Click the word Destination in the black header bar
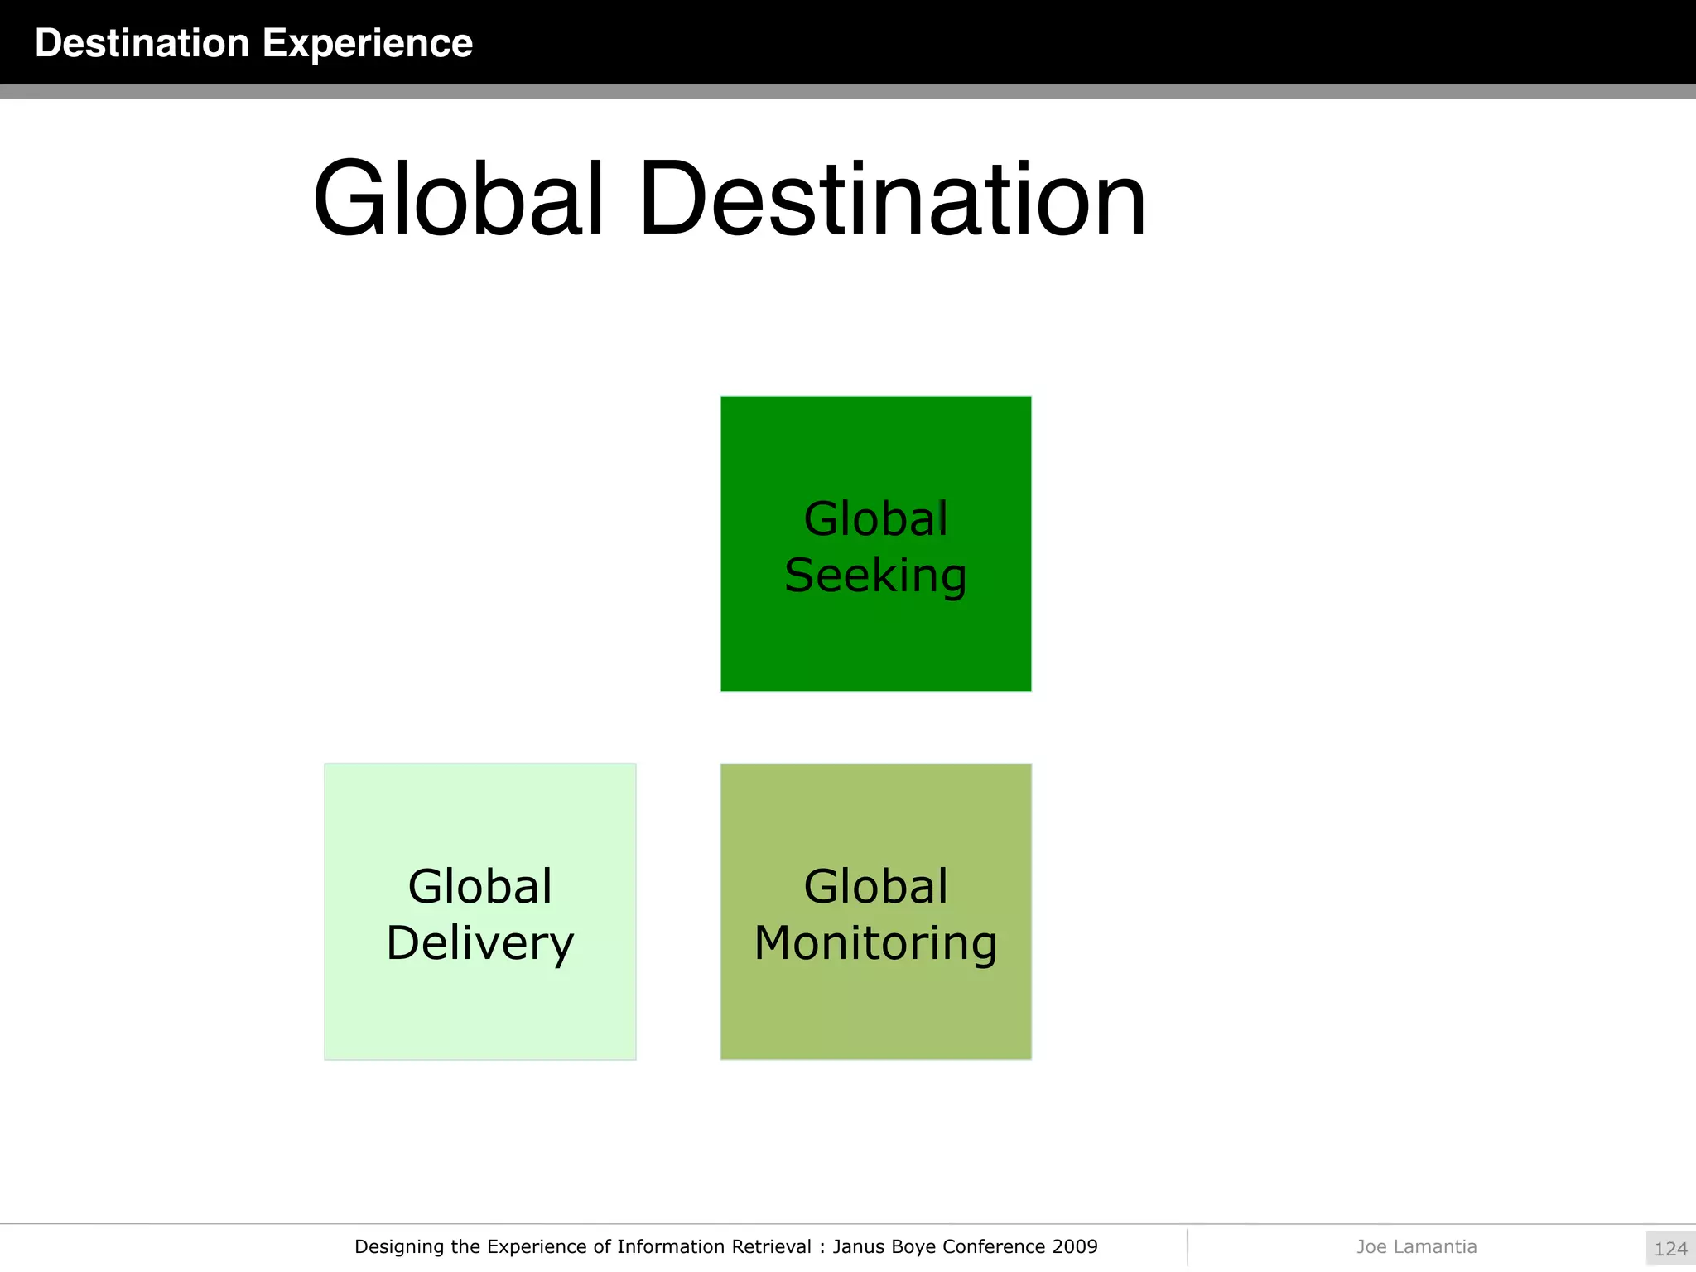pyautogui.click(x=142, y=43)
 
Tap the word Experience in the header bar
pyautogui.click(x=368, y=43)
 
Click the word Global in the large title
pyautogui.click(x=458, y=200)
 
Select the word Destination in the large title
pyautogui.click(x=893, y=200)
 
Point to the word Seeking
pyautogui.click(x=875, y=575)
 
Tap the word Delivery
pyautogui.click(x=479, y=943)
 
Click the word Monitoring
pyautogui.click(x=875, y=943)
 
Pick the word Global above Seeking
pyautogui.click(x=875, y=519)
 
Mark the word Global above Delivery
pyautogui.click(x=479, y=887)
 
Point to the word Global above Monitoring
pyautogui.click(x=875, y=887)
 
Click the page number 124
pyautogui.click(x=1670, y=1249)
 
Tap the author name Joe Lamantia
pyautogui.click(x=1416, y=1247)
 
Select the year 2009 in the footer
pyautogui.click(x=1075, y=1247)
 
